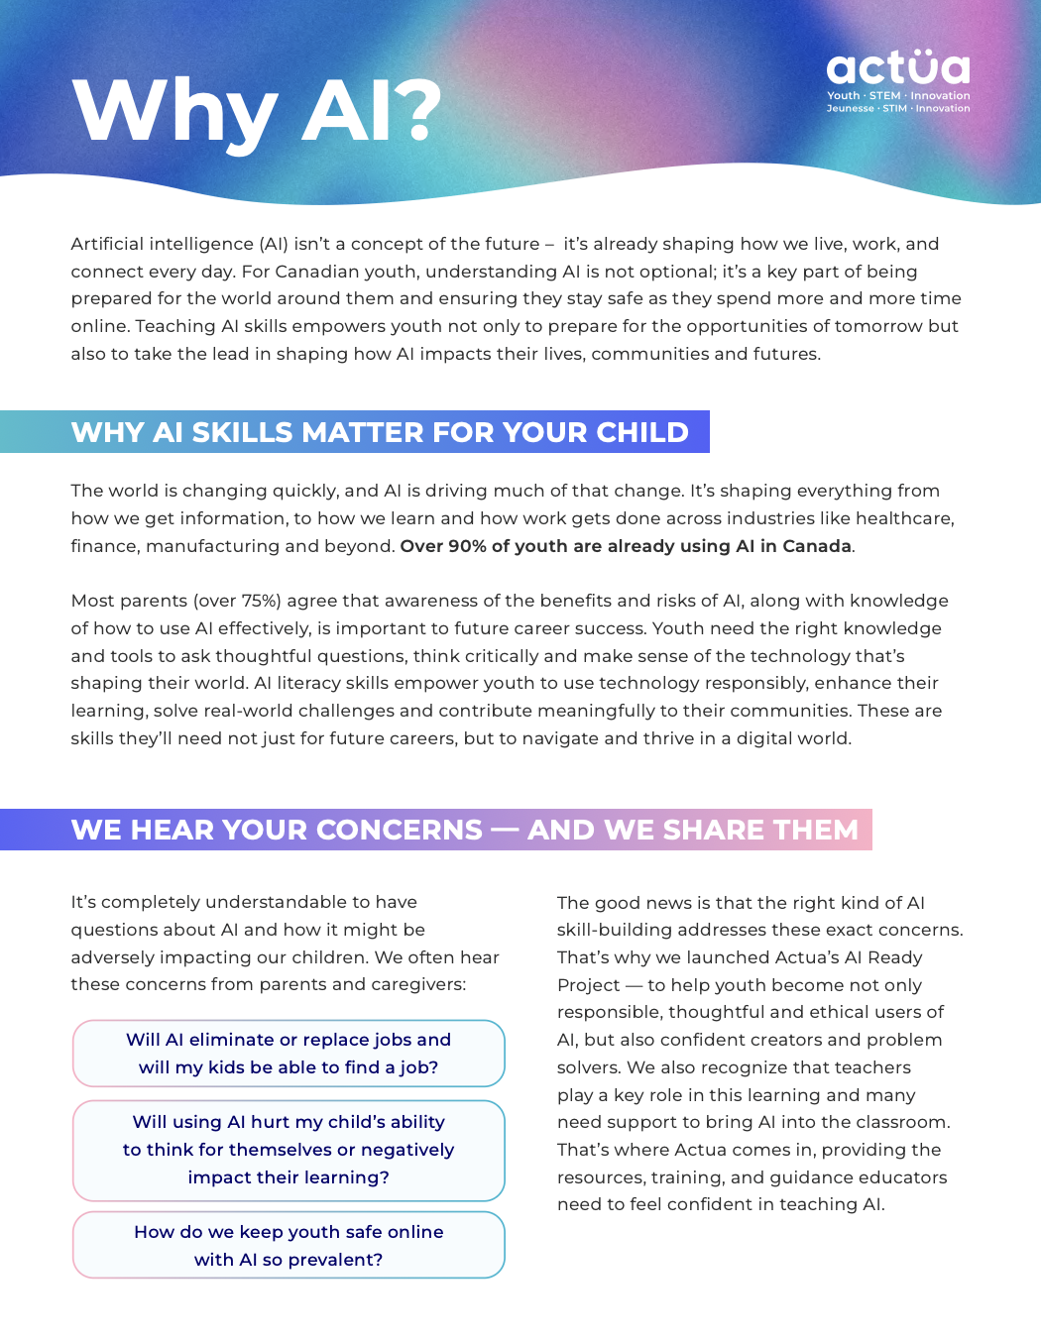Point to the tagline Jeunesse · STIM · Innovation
tap(898, 109)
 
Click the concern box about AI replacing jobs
tap(289, 1053)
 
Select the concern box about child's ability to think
tap(289, 1150)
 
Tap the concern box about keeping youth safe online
tap(289, 1245)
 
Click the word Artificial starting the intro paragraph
tap(112, 244)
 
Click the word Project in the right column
tap(588, 985)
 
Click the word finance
tap(103, 546)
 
